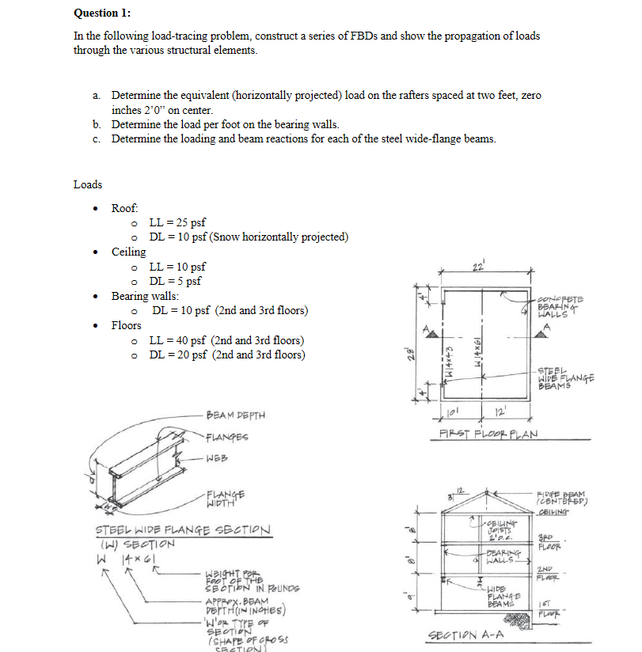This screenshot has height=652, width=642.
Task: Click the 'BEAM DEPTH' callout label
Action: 235,415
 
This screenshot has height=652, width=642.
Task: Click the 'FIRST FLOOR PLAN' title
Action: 489,434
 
